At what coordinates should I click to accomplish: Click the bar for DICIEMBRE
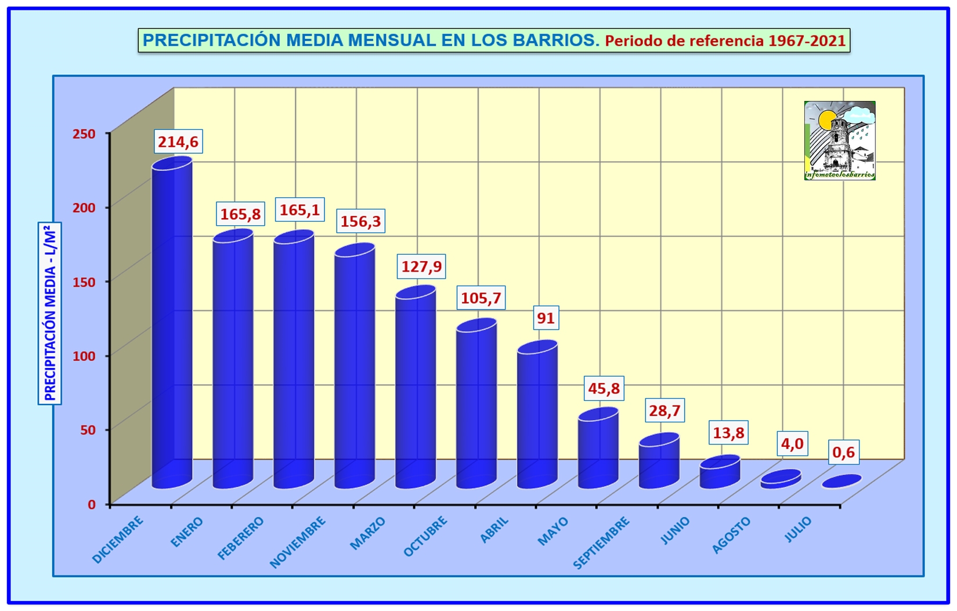click(172, 325)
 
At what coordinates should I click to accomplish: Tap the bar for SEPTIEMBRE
click(598, 450)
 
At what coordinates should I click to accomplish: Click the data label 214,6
click(178, 142)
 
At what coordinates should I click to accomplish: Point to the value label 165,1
click(299, 209)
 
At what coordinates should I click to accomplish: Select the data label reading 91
click(546, 318)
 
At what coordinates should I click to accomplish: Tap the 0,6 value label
click(843, 452)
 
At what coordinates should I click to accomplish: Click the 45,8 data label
click(604, 388)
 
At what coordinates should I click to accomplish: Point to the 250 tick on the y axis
click(84, 134)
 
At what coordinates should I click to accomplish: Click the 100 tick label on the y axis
click(84, 356)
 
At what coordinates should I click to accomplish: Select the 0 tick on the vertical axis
click(91, 504)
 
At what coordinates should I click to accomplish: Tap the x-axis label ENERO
click(187, 532)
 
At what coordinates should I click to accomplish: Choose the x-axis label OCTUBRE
click(425, 537)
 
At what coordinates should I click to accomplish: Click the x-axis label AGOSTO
click(731, 535)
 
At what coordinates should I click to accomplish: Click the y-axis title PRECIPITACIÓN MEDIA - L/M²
click(50, 313)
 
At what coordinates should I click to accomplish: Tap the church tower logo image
click(839, 140)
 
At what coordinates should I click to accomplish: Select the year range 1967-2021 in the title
click(807, 41)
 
